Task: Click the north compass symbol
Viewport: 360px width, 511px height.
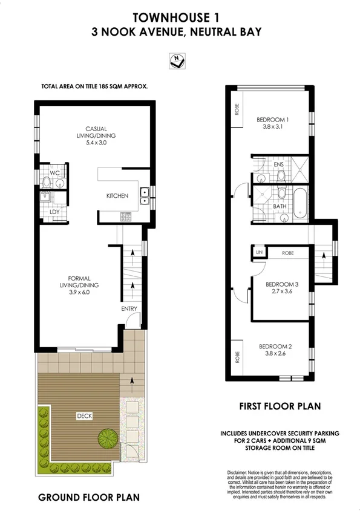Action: tap(178, 60)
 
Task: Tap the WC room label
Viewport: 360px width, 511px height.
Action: tap(53, 173)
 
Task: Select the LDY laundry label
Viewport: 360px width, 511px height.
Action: tap(53, 212)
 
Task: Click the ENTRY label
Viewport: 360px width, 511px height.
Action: tap(129, 309)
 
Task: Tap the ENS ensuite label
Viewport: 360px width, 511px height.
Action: tap(278, 164)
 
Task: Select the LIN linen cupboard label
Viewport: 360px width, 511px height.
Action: tap(259, 252)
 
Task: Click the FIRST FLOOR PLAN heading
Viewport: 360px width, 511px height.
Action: tap(278, 406)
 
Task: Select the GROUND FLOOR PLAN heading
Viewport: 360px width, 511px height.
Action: tap(89, 497)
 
